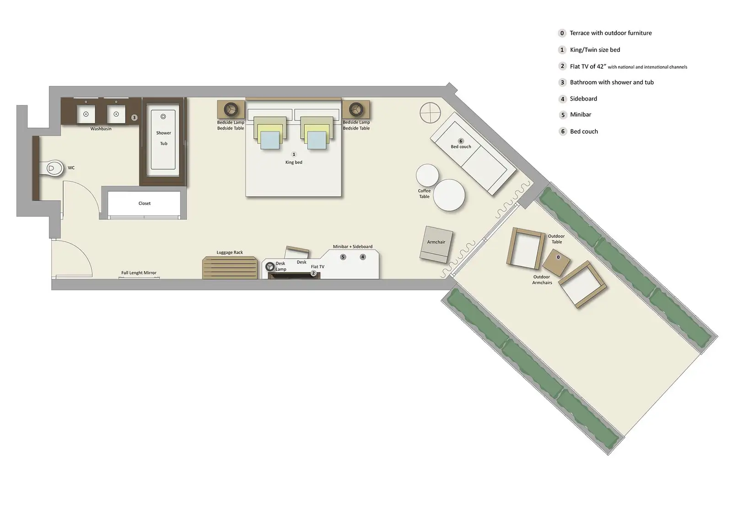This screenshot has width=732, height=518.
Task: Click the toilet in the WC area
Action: (54, 169)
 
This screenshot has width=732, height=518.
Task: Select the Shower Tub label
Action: (163, 138)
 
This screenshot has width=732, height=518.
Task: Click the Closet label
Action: (145, 203)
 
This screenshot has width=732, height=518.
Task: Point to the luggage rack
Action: (230, 268)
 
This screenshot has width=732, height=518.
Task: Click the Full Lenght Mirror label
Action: (139, 273)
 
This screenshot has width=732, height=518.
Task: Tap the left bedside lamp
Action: (231, 109)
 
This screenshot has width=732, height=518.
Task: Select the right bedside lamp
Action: (355, 109)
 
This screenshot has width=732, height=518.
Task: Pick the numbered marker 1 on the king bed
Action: (294, 154)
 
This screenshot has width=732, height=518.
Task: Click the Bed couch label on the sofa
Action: (461, 147)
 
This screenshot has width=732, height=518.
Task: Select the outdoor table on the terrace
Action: (557, 262)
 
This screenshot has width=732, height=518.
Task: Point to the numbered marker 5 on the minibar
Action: (343, 257)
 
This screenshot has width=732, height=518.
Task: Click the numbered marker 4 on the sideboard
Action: (363, 257)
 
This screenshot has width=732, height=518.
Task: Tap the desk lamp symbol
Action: (270, 266)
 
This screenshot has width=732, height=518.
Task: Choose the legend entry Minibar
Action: (580, 115)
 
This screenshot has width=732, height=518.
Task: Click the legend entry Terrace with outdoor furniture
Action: (610, 33)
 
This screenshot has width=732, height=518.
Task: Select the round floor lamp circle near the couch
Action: (430, 113)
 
